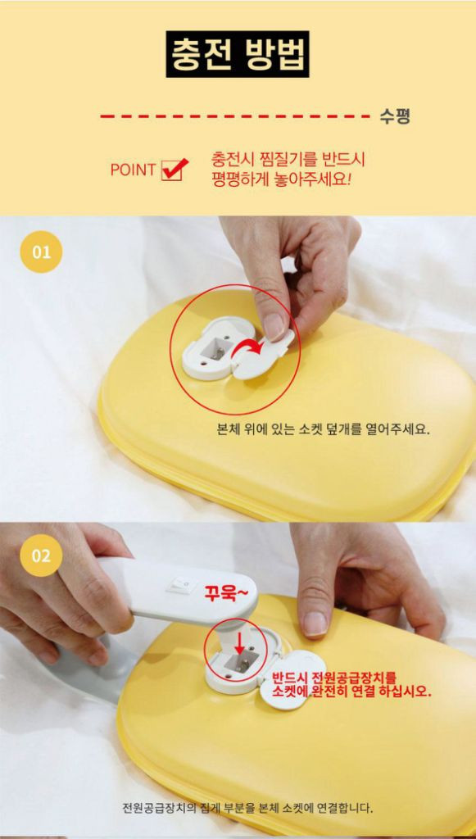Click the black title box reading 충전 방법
pos(238,54)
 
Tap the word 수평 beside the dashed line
pos(394,116)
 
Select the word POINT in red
pos(133,170)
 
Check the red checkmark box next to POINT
pos(172,169)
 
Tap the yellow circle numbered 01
pos(41,252)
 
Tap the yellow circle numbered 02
pos(41,556)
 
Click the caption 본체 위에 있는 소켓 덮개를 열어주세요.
pos(323,429)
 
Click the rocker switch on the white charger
pos(181,584)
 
